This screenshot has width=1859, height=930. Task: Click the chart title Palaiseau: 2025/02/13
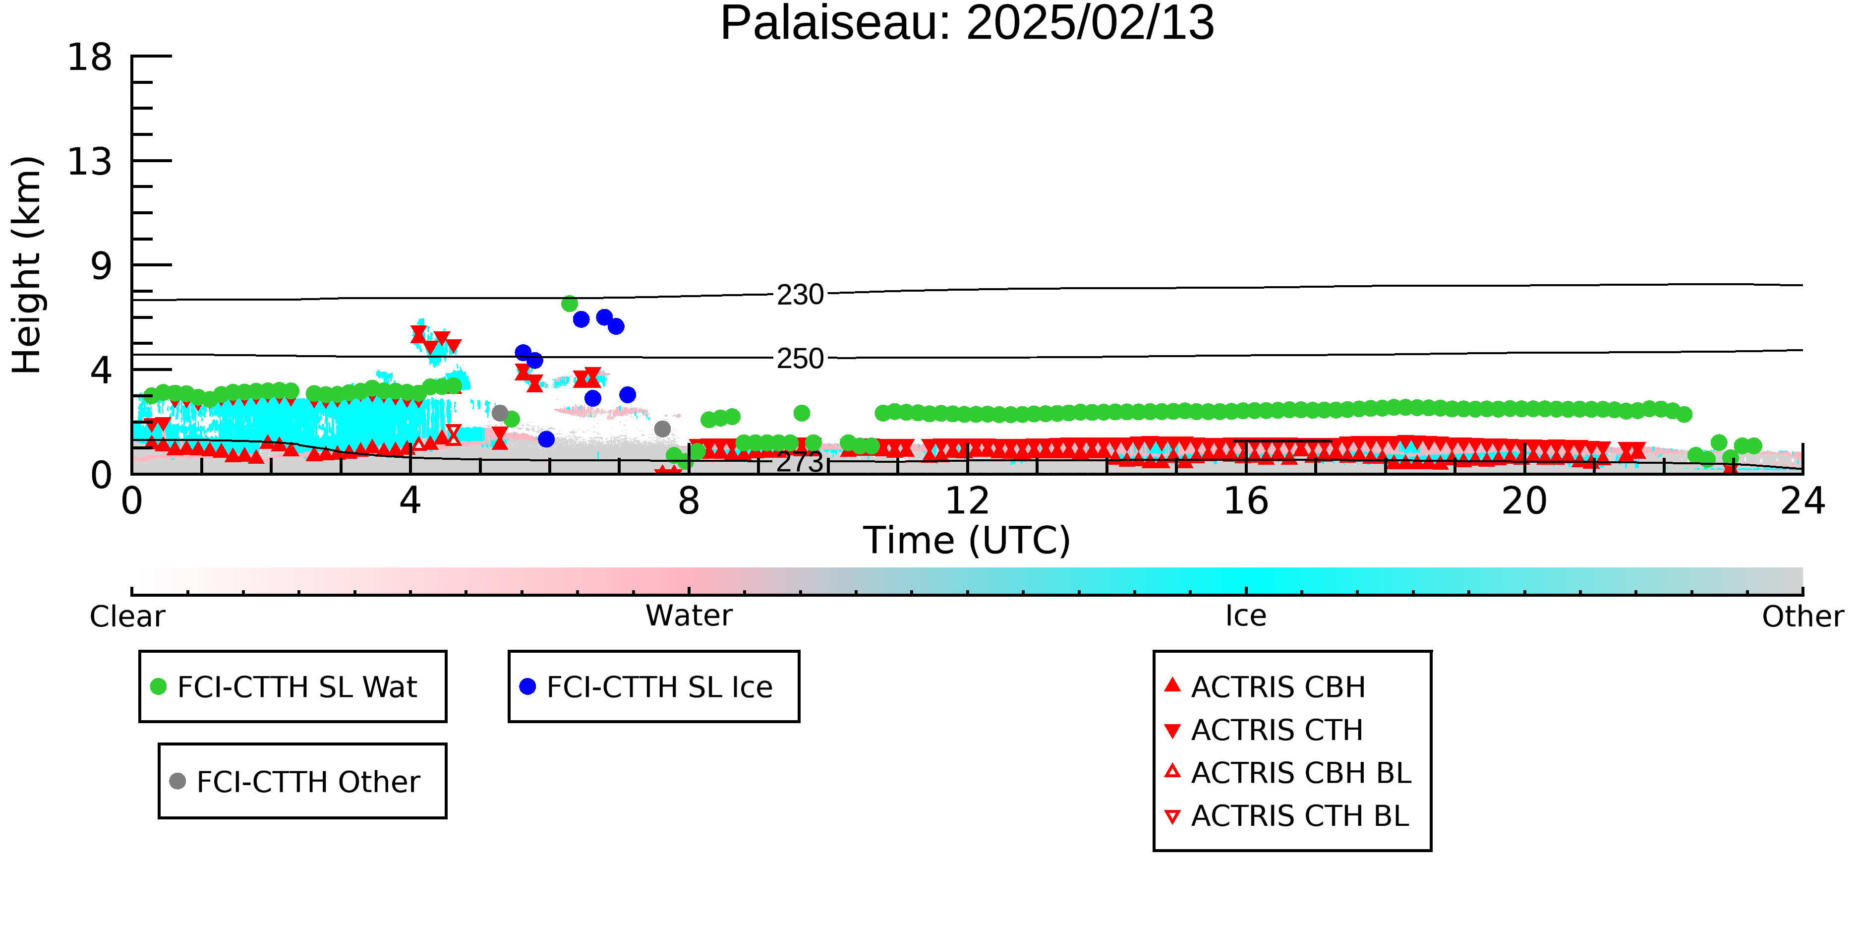[967, 23]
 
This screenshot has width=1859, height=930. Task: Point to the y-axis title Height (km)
[27, 265]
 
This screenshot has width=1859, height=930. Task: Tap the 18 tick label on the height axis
[90, 57]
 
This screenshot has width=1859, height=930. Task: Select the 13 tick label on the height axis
[90, 161]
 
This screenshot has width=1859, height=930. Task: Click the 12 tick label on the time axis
[967, 500]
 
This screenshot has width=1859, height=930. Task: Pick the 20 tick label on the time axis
[1524, 500]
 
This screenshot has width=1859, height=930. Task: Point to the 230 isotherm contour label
[800, 295]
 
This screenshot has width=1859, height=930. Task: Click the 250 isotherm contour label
[800, 358]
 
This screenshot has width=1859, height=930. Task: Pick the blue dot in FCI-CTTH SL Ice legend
[527, 686]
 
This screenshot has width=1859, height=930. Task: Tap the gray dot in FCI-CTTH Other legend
[177, 781]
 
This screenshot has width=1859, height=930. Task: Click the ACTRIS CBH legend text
[1278, 686]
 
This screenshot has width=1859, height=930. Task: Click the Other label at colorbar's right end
[1802, 617]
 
